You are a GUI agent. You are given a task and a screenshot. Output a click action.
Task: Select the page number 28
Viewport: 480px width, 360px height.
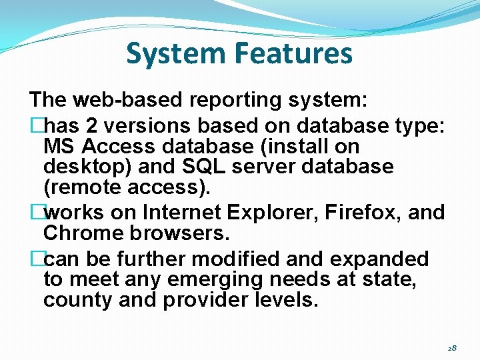point(452,348)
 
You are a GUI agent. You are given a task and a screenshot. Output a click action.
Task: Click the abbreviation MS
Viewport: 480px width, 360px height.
point(58,146)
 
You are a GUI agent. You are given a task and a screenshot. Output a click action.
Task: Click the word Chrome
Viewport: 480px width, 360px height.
point(79,233)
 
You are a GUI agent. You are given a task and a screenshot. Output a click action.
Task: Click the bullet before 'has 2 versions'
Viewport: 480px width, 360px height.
point(36,126)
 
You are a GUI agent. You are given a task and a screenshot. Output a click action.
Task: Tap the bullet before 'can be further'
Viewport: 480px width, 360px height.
point(36,259)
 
